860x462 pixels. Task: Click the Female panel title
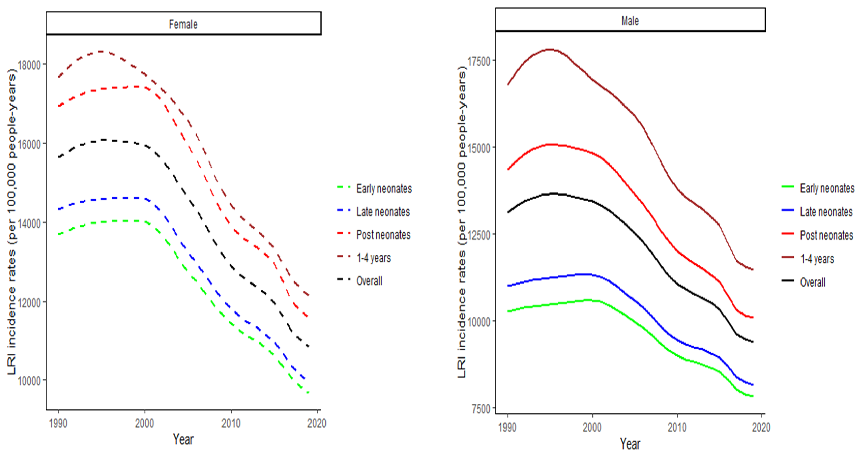pos(183,24)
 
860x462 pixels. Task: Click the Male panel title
pos(630,21)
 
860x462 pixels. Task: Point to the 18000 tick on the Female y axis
pos(29,65)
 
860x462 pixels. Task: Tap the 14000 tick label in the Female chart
pos(29,223)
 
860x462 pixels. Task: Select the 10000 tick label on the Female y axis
pos(29,381)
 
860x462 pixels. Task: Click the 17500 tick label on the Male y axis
pos(479,61)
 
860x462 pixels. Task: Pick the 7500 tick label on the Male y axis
pos(481,409)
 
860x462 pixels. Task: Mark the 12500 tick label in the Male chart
pos(479,235)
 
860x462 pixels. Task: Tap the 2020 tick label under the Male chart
pos(761,427)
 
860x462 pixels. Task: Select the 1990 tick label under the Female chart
pos(58,423)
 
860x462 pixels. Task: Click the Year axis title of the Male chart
pos(630,444)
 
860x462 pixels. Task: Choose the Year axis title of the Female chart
pos(183,439)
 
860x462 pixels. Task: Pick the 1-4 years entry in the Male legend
pos(817,259)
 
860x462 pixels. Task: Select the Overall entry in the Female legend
pos(369,281)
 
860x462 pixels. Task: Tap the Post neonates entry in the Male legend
pos(826,235)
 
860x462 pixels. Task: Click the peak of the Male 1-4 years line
pos(550,49)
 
